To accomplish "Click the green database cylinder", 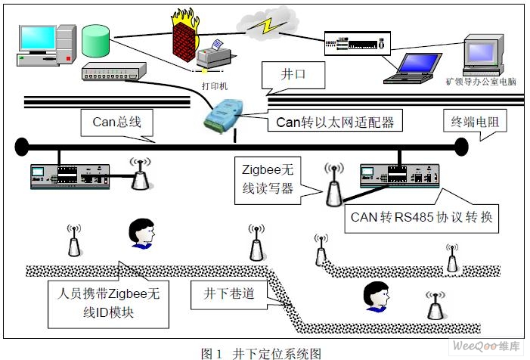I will pos(96,44).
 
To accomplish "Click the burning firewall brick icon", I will pos(187,35).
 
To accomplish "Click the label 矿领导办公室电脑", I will pos(481,81).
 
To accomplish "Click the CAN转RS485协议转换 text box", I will pos(421,217).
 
